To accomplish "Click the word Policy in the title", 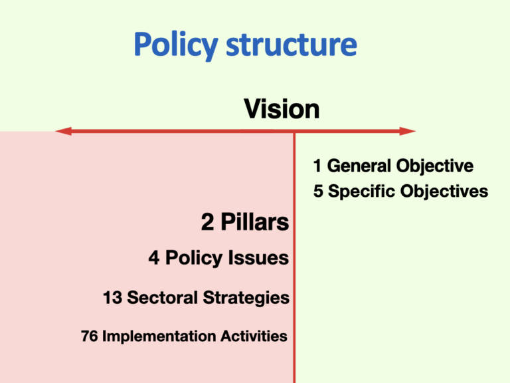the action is pyautogui.click(x=175, y=46).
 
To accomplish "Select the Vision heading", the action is pyautogui.click(x=282, y=109).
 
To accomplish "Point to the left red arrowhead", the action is pyautogui.click(x=64, y=131).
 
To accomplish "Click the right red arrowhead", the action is pyautogui.click(x=408, y=131).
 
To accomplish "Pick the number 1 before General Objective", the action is pyautogui.click(x=317, y=166).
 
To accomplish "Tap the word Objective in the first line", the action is pyautogui.click(x=434, y=166).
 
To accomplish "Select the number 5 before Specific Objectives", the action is pyautogui.click(x=318, y=191).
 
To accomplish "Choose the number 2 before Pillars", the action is pyautogui.click(x=207, y=222).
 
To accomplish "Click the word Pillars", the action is pyautogui.click(x=255, y=222).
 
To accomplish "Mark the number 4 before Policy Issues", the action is pyautogui.click(x=154, y=257).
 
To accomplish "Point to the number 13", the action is pyautogui.click(x=112, y=298).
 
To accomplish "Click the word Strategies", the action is pyautogui.click(x=246, y=299).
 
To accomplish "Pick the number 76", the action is pyautogui.click(x=90, y=336).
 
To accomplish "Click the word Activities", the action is pyautogui.click(x=254, y=336).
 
